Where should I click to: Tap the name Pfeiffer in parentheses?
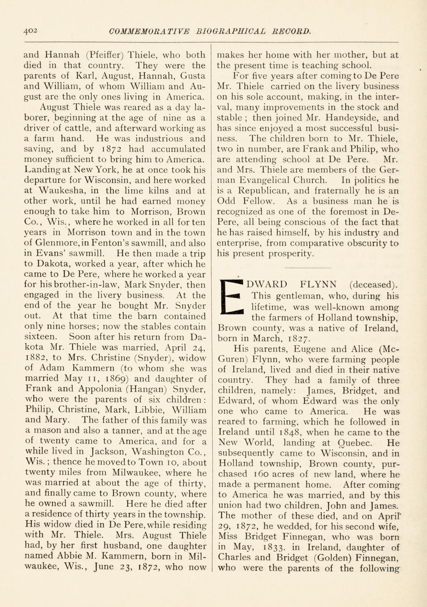click(107, 55)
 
